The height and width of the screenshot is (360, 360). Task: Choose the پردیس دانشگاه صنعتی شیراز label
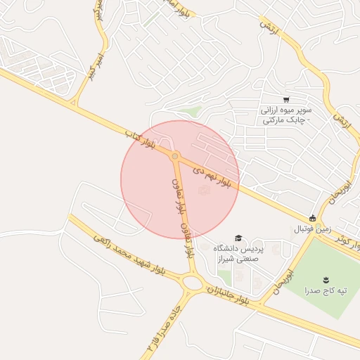[x=238, y=254]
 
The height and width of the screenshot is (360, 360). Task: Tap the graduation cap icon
[x=238, y=238]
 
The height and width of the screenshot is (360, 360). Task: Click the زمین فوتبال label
[x=311, y=229]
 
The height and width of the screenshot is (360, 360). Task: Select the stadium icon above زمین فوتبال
[x=312, y=218]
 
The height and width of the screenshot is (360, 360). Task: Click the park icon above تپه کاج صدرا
[x=325, y=280]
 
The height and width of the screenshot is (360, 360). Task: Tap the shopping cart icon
[x=286, y=100]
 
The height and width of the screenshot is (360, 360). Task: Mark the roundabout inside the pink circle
[x=175, y=156]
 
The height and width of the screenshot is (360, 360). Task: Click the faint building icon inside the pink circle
[x=205, y=189]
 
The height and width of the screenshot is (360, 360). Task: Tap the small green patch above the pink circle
[x=188, y=111]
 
